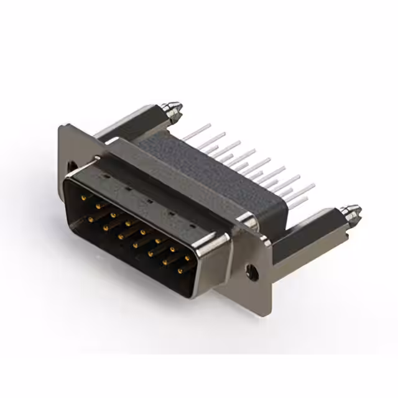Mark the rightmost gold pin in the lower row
[x=179, y=269]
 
